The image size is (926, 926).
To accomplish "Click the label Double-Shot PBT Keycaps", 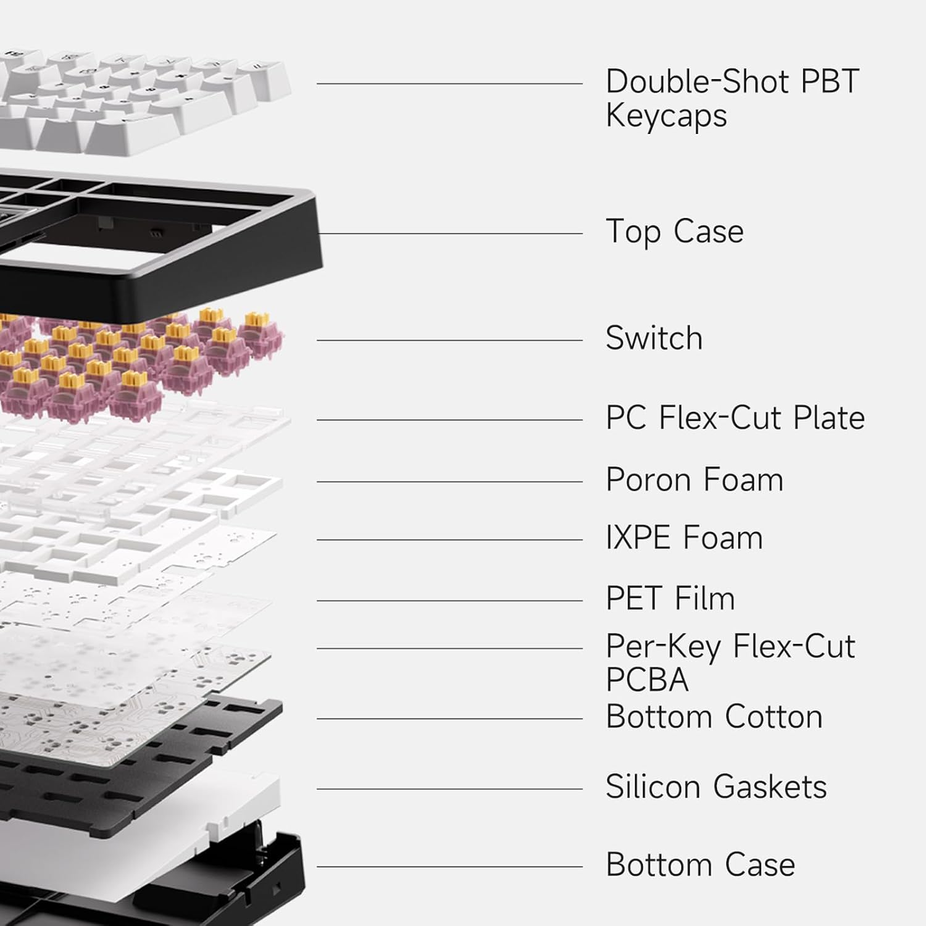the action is pos(732,99).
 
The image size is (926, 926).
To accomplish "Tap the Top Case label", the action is pos(675,232).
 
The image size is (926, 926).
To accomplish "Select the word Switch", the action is pos(654,338).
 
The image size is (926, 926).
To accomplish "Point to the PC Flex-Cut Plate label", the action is pos(735,418).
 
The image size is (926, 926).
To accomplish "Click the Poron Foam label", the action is pos(694,480).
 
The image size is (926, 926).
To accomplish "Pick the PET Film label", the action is pos(670,598).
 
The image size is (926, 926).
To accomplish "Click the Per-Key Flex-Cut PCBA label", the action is pos(730,663).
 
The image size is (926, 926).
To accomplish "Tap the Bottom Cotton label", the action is pos(714,717).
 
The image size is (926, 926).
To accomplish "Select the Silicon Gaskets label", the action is pos(716,786).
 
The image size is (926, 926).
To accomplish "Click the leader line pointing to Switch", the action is pos(450,340).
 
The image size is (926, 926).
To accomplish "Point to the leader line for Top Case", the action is pos(450,234).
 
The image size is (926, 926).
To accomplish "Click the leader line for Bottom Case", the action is pos(450,867).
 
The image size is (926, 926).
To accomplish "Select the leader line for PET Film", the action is pos(450,601).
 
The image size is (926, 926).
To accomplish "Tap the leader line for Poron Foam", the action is pos(450,482).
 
